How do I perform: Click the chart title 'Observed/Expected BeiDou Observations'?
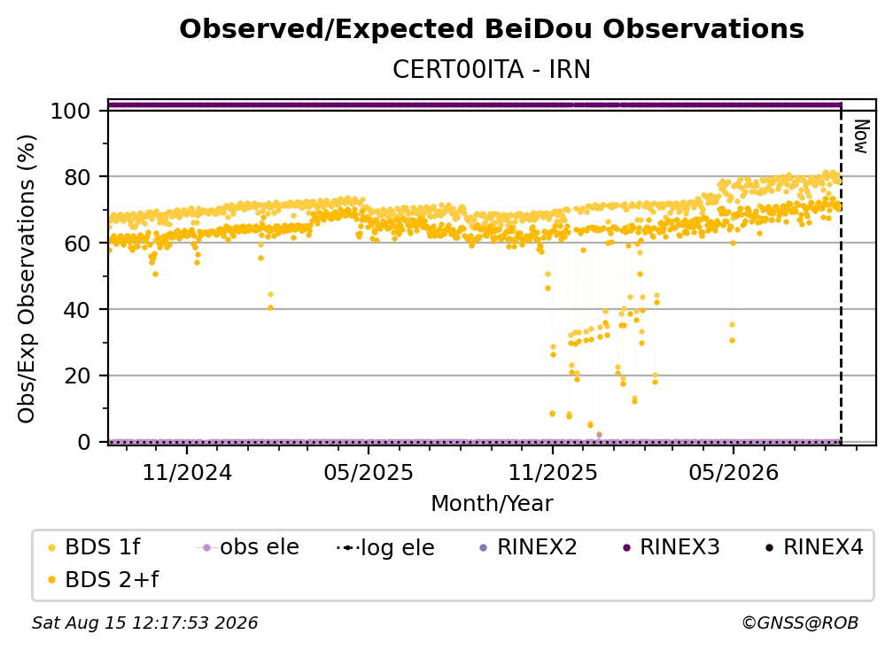[x=492, y=29]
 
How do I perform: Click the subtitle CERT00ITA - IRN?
[x=492, y=69]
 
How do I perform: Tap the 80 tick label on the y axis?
[x=78, y=177]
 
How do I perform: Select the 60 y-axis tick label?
[x=78, y=243]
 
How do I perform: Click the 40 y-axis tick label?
[x=78, y=310]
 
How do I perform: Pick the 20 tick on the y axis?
[x=78, y=375]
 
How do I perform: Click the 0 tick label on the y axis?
[x=85, y=442]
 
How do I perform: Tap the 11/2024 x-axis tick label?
[x=187, y=472]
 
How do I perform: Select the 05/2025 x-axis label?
[x=369, y=472]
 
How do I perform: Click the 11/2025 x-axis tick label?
[x=553, y=472]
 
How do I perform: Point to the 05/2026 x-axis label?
[x=734, y=472]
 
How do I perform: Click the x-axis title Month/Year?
[x=492, y=503]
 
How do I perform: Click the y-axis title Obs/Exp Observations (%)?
[x=27, y=279]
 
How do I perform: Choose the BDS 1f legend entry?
[x=94, y=547]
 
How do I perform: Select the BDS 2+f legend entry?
[x=103, y=579]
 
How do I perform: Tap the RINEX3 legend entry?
[x=672, y=547]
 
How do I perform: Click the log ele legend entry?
[x=385, y=547]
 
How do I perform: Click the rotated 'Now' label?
[x=860, y=136]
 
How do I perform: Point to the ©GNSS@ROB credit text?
[x=800, y=623]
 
